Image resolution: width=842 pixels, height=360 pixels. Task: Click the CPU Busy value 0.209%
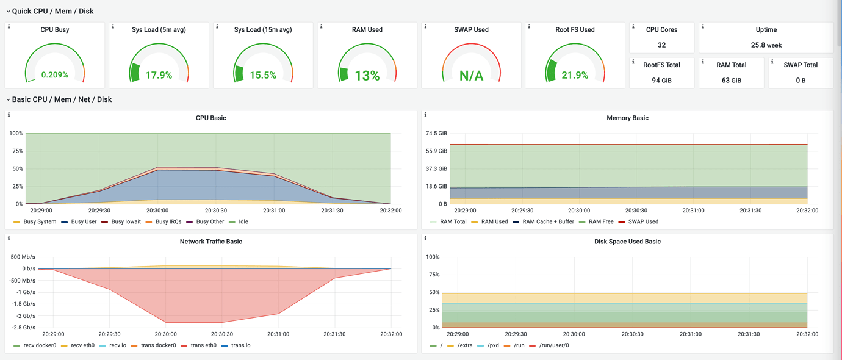click(x=54, y=75)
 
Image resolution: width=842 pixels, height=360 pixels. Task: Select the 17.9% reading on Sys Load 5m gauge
click(x=159, y=75)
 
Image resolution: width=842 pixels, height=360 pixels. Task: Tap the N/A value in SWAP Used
click(x=471, y=76)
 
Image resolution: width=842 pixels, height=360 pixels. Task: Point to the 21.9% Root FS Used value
click(x=575, y=75)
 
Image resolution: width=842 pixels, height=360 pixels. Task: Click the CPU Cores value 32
click(x=661, y=45)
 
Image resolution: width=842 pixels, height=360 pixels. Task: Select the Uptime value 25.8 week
click(x=766, y=45)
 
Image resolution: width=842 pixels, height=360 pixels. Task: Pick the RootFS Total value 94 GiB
click(x=661, y=80)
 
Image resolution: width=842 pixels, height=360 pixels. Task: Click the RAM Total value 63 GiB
click(x=731, y=80)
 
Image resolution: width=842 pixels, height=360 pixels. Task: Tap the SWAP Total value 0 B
click(x=801, y=80)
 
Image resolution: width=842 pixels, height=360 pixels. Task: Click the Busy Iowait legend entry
click(x=124, y=221)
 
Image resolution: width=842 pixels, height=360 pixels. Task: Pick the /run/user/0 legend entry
click(x=552, y=345)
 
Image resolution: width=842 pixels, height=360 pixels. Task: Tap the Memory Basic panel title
click(x=627, y=118)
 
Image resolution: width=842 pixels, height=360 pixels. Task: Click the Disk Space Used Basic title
click(x=627, y=242)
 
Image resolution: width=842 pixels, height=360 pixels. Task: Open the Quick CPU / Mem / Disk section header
click(x=52, y=11)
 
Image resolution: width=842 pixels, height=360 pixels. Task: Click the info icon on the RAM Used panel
click(x=322, y=27)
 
